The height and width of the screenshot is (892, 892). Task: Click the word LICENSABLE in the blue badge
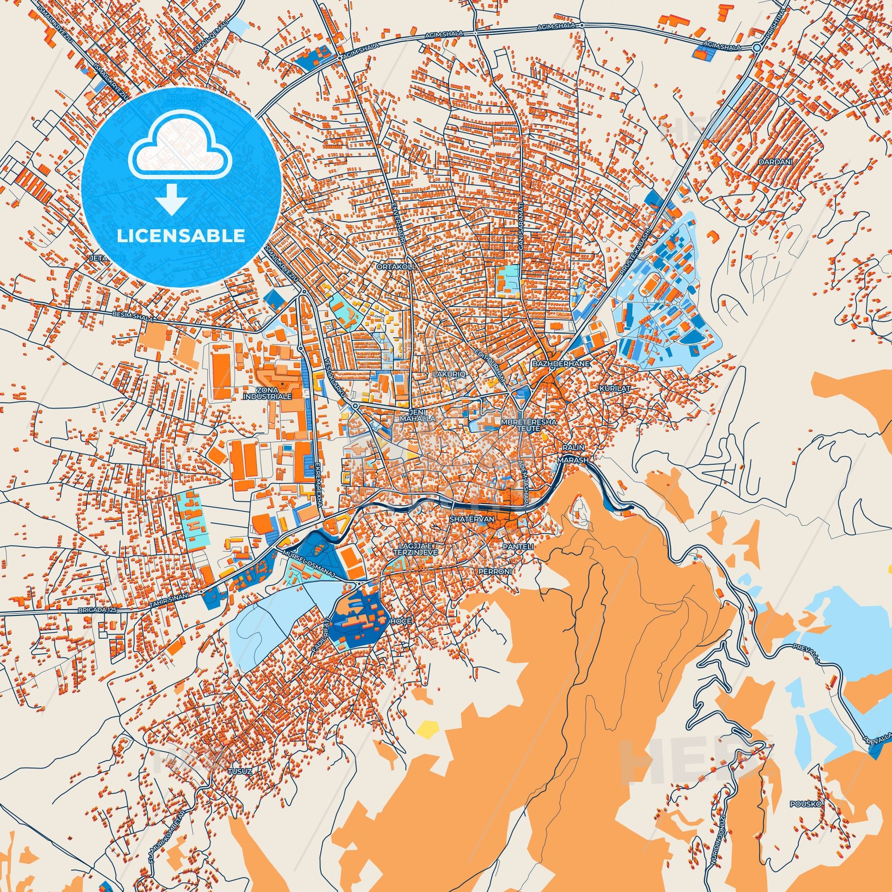tap(181, 235)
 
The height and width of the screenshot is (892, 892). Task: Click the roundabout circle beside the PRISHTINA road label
tap(756, 47)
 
